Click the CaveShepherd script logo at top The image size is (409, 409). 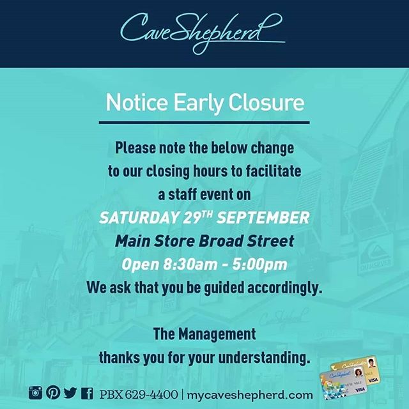[202, 33]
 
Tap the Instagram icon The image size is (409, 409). [36, 392]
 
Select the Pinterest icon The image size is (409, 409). [53, 392]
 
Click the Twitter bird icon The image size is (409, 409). [70, 393]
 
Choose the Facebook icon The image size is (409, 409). [87, 393]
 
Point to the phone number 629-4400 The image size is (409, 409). [151, 394]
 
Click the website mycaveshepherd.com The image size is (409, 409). [250, 395]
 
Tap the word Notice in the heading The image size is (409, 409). [137, 102]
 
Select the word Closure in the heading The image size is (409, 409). [266, 102]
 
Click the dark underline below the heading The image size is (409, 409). [204, 122]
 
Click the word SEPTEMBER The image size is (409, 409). [263, 218]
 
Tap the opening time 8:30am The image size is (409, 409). [190, 265]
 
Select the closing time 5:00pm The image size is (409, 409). [260, 265]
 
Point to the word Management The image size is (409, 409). [217, 334]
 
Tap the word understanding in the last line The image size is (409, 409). [264, 358]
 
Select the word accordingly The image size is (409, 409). [284, 288]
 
